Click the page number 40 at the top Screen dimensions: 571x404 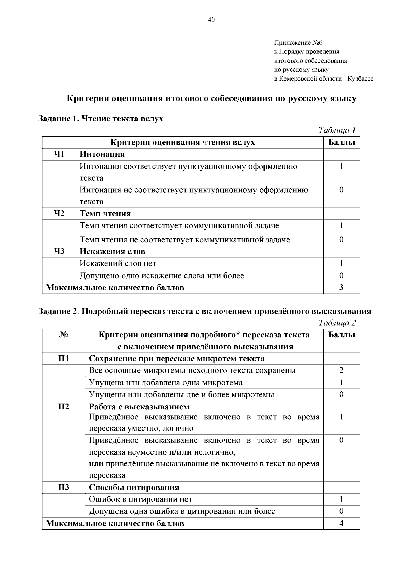click(211, 19)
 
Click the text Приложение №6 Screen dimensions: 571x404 click(298, 43)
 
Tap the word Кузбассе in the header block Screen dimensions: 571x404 click(360, 79)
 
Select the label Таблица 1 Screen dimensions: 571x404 click(337, 130)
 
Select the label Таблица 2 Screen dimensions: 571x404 click(337, 323)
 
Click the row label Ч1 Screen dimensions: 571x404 click(59, 154)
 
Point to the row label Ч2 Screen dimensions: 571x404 click(59, 213)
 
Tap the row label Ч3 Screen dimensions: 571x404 click(59, 251)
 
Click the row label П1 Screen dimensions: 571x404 click(63, 358)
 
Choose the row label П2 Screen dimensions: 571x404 click(63, 407)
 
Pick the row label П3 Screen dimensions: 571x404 click(63, 487)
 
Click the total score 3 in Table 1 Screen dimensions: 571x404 click(341, 287)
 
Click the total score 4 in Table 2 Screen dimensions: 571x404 click(341, 523)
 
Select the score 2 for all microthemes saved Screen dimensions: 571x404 click(341, 370)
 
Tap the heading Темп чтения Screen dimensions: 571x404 click(105, 214)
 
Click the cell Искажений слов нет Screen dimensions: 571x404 click(118, 263)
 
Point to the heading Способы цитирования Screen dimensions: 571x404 click(134, 487)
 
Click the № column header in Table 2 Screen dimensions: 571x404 click(63, 335)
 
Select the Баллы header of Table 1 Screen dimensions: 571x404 click(341, 142)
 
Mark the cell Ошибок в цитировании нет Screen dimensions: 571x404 click(140, 499)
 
